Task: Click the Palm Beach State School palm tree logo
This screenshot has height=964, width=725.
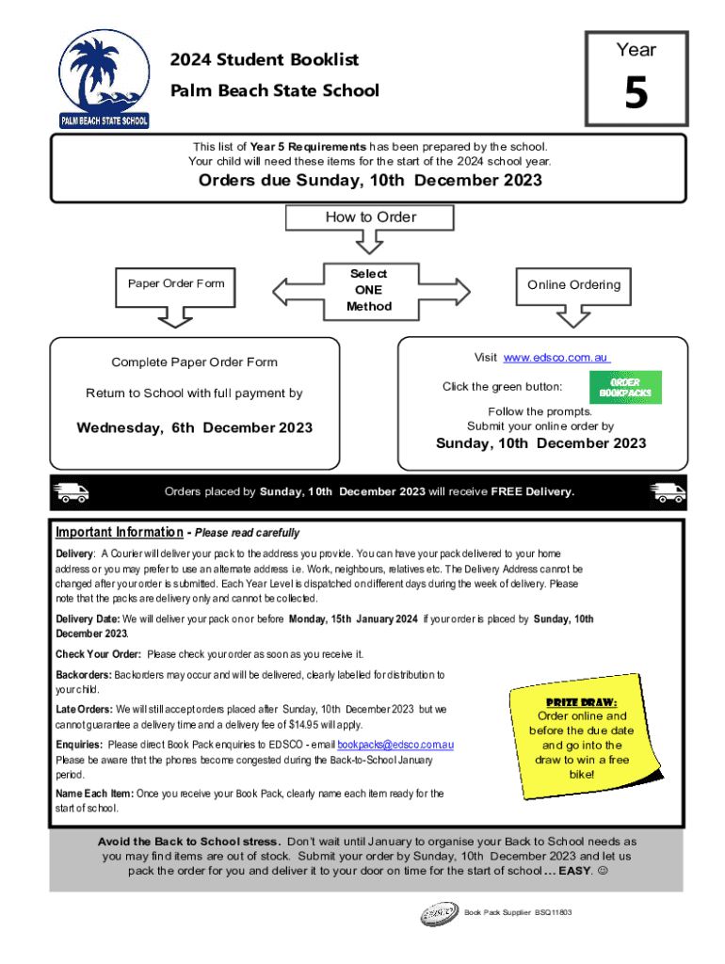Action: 104,81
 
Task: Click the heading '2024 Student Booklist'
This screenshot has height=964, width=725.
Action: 265,60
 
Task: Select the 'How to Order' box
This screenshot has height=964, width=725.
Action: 370,217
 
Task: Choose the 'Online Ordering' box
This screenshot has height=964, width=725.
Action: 573,284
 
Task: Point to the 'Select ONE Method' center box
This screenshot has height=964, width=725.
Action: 368,289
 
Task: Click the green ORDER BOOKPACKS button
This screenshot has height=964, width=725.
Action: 625,387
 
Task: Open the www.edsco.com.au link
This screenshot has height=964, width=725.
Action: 556,358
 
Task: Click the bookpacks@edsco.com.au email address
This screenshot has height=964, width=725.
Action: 395,745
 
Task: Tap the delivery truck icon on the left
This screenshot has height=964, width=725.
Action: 72,491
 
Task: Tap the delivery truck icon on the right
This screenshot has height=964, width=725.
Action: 668,491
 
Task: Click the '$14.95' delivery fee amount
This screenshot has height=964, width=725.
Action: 282,725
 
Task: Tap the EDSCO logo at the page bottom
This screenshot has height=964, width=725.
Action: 439,913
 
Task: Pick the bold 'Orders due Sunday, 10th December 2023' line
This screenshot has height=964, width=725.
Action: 370,181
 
